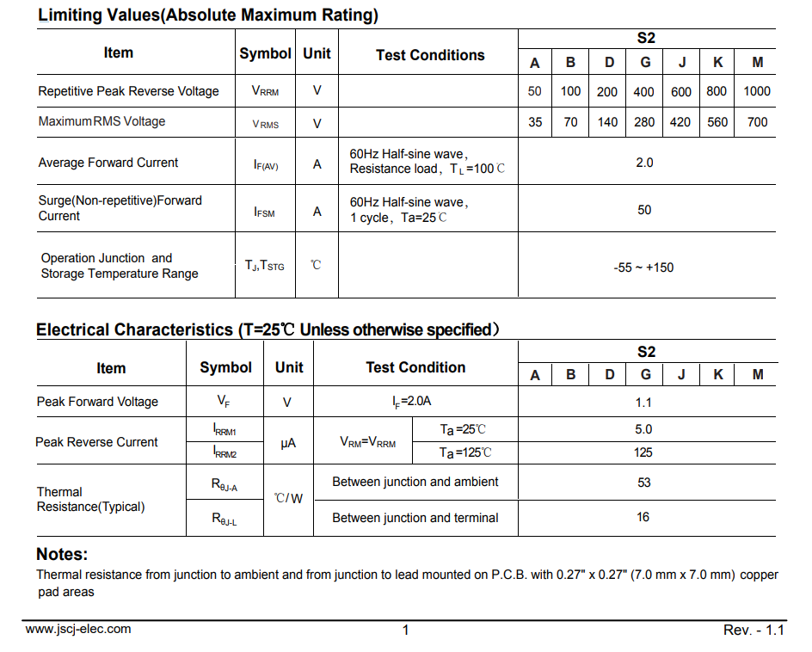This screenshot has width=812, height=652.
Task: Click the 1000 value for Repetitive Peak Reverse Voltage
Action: coord(757,91)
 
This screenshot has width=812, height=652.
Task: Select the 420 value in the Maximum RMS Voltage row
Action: coord(680,122)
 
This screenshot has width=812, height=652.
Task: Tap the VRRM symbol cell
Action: coord(265,91)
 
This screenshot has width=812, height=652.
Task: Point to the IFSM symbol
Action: coord(265,212)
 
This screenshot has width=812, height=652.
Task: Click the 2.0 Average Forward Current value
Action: coord(644,163)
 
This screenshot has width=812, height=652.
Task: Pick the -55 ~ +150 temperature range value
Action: coord(643,268)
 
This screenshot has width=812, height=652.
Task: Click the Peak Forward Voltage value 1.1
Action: coord(643,403)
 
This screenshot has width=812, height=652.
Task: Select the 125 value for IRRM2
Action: coord(643,452)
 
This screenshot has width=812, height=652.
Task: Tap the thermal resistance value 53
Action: coord(643,483)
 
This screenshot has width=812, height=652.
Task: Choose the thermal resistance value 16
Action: coord(643,517)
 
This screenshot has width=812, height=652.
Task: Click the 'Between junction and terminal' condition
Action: coord(415,518)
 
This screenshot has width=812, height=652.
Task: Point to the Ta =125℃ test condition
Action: coord(465,452)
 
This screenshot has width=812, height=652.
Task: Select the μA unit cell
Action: coord(289,443)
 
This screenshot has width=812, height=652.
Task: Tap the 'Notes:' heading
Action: coord(62,555)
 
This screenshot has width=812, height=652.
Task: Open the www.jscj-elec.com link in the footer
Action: coord(78,629)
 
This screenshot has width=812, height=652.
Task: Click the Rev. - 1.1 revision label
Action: coord(754,630)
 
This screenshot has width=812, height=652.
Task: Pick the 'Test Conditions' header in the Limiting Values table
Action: coord(430,55)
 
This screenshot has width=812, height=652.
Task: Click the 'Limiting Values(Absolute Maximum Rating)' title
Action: coord(208,15)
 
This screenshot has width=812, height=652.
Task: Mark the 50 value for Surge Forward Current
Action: coord(644,210)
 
